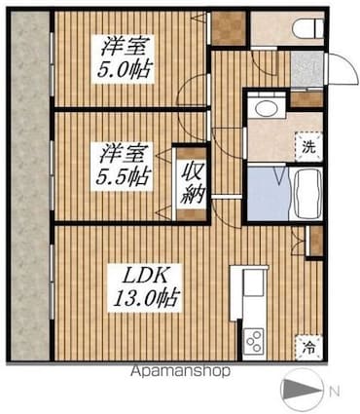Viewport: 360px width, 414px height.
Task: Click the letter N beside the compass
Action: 334,392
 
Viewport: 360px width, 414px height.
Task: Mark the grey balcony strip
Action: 28,185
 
